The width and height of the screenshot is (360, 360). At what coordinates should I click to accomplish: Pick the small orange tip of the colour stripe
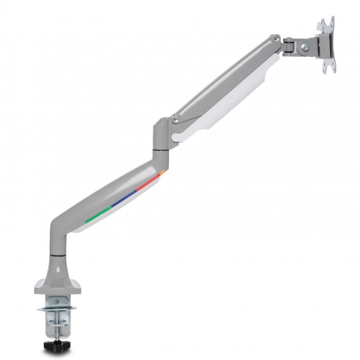[x=162, y=173]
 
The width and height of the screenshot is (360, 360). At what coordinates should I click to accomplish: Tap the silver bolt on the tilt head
[x=305, y=46]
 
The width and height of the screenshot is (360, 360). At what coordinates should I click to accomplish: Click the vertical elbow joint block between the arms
[x=161, y=133]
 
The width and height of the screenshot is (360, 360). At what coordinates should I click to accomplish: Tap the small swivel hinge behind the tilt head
[x=288, y=47]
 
